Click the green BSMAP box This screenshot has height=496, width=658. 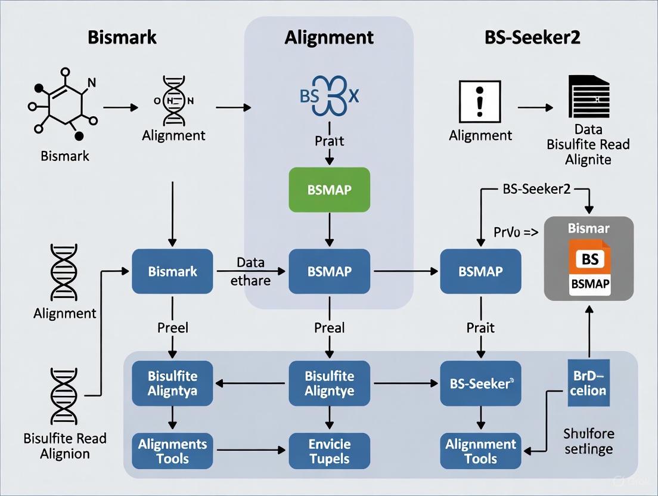(x=329, y=190)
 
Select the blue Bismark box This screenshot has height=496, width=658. (x=172, y=271)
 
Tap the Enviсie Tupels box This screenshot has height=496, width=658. (x=329, y=451)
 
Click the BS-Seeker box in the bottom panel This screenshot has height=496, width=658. (x=480, y=384)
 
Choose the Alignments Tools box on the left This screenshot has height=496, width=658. (x=172, y=451)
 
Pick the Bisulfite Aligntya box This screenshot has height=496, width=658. (x=172, y=384)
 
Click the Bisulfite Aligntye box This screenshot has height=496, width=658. (x=329, y=384)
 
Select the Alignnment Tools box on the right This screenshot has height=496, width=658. (x=480, y=451)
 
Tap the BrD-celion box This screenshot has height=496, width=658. (x=589, y=383)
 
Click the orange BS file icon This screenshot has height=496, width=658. (x=589, y=259)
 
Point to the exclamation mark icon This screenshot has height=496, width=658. (x=480, y=102)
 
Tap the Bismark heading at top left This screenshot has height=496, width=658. (x=122, y=38)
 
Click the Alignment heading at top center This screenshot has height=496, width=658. (x=329, y=38)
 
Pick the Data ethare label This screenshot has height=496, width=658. (x=250, y=271)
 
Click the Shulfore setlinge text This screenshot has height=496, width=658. (x=588, y=441)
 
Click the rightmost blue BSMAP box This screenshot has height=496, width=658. (x=480, y=271)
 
